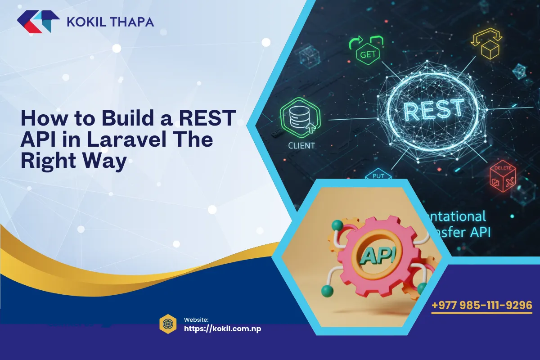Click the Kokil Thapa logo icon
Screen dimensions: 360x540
[x=38, y=22]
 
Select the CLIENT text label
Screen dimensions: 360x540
[x=301, y=145]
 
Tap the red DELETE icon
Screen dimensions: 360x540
[x=503, y=176]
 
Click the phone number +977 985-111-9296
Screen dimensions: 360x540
[x=481, y=306]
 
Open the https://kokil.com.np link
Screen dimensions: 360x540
[x=223, y=328]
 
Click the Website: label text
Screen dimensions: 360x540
[x=196, y=319]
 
